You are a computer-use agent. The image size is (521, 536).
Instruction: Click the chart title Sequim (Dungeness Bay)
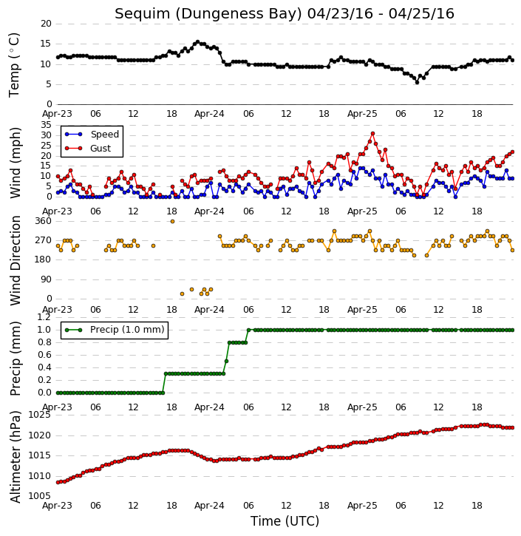[x=208, y=13]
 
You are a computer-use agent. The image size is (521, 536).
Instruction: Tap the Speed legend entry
[x=92, y=135]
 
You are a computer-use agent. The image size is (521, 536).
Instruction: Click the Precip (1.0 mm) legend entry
[x=115, y=330]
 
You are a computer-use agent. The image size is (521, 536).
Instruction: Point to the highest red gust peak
[x=372, y=134]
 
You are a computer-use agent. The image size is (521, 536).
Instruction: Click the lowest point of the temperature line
[x=417, y=82]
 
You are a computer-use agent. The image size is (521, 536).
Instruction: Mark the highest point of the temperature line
[x=197, y=41]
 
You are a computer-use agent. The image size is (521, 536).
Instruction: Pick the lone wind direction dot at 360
[x=172, y=222]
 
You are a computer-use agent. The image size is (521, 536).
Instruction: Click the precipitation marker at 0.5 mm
[x=227, y=361]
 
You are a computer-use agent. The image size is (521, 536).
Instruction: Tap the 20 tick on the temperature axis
[x=46, y=24]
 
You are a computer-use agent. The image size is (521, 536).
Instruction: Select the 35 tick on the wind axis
[x=46, y=125]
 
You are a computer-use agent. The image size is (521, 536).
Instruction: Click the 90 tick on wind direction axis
[x=46, y=279]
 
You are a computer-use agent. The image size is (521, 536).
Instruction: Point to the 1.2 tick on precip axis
[x=44, y=317]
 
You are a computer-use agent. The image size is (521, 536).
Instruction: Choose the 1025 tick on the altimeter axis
[x=39, y=415]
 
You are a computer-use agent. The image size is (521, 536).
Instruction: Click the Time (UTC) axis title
[x=285, y=521]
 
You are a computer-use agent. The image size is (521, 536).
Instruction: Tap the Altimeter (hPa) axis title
[x=15, y=457]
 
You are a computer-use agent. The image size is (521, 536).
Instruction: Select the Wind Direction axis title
[x=15, y=260]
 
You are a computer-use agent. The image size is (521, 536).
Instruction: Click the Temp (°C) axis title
[x=14, y=65]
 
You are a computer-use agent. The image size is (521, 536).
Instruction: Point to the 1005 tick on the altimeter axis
[x=39, y=495]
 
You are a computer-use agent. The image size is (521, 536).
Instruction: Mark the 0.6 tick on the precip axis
[x=44, y=355]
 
